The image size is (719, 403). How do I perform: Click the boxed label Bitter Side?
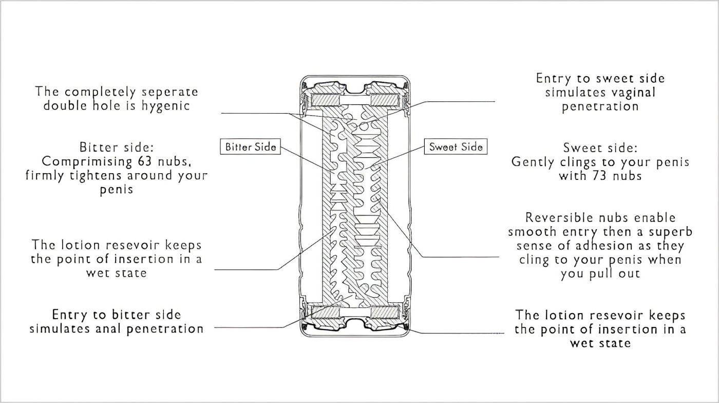coord(251,147)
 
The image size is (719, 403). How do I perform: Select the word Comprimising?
coord(82,161)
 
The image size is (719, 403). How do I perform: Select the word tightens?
coord(93,175)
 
